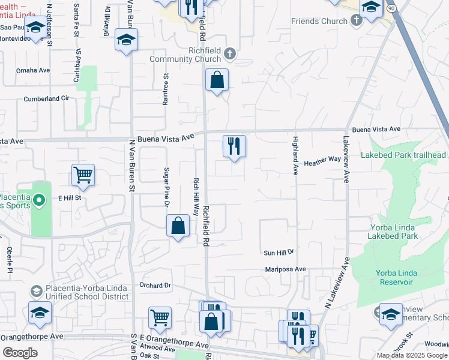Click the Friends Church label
tap(319, 22)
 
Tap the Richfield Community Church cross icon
tap(229, 55)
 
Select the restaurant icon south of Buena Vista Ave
tap(234, 146)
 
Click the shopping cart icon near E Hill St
tap(83, 175)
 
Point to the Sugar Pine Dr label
tap(167, 188)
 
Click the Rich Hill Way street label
tap(196, 196)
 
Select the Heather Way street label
tap(322, 160)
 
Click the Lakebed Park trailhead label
tap(403, 155)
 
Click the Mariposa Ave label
tap(286, 270)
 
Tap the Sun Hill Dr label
tap(280, 252)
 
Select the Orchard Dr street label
tap(155, 285)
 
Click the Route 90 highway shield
tap(391, 8)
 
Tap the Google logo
tap(20, 353)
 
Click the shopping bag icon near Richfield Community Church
tap(217, 80)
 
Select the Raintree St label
tap(166, 89)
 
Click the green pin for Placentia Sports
tap(40, 200)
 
